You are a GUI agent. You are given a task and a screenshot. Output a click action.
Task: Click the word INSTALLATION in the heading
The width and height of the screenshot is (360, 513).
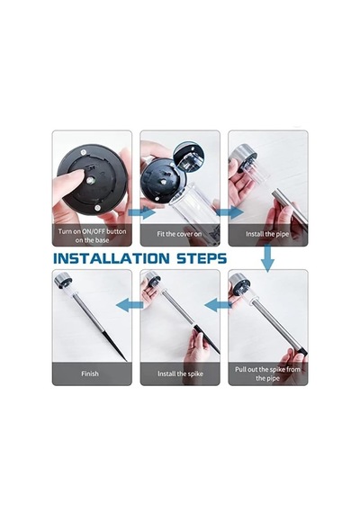tap(112, 258)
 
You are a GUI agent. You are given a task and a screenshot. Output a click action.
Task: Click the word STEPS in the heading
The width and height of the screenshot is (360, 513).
tap(202, 258)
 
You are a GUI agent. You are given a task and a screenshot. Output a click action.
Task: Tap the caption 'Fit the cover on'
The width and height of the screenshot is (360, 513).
tap(179, 234)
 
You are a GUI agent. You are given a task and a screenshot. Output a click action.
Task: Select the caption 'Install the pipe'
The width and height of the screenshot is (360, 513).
tap(267, 234)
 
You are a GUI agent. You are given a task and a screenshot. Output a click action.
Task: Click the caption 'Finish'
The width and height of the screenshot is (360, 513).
tap(90, 373)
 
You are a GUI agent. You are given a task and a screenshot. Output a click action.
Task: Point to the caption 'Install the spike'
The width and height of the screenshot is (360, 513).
tap(180, 373)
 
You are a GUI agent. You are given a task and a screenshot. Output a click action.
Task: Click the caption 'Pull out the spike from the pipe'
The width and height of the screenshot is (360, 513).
tap(267, 373)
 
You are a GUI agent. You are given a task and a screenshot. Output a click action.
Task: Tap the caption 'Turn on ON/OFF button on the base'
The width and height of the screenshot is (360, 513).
tap(92, 236)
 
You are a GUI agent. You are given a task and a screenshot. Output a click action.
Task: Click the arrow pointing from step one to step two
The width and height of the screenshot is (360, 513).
tap(141, 212)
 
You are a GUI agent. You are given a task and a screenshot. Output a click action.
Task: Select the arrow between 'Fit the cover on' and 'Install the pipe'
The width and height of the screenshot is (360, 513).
tap(229, 212)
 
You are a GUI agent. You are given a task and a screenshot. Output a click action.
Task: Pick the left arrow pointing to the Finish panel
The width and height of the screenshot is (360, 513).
tap(130, 305)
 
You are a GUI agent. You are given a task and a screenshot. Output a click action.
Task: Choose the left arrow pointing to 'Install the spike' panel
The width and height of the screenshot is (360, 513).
tap(218, 305)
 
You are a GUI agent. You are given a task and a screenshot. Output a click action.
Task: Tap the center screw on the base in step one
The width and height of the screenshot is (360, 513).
tap(91, 180)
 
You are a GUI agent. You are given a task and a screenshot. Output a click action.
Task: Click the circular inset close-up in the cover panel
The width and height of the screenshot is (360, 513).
tap(186, 156)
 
